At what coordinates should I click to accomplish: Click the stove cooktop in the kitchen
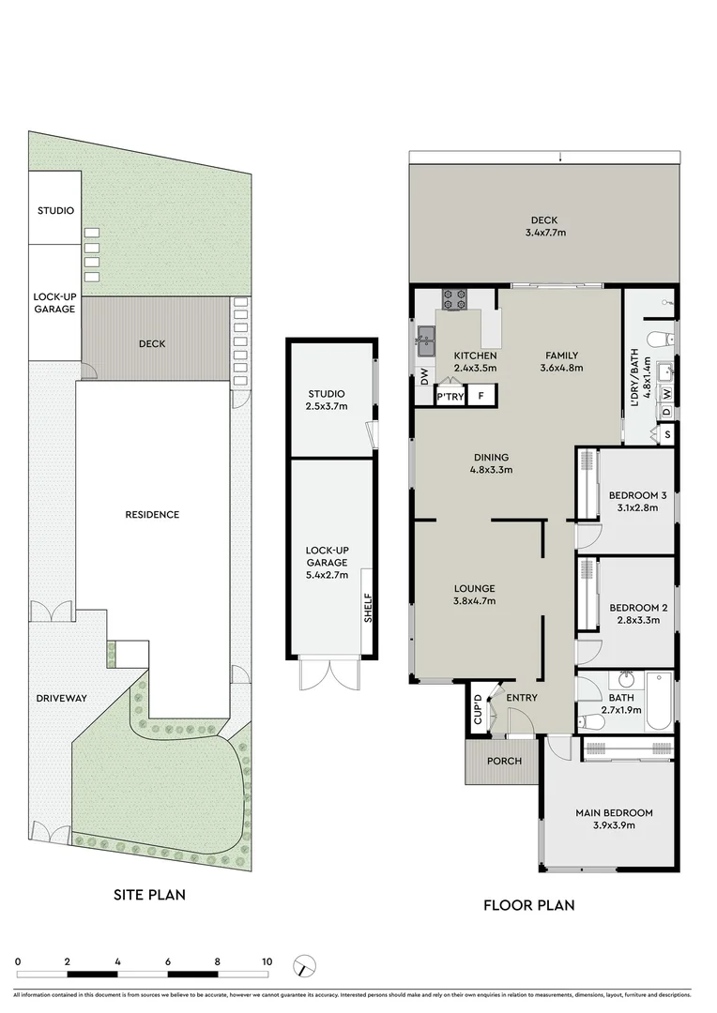[x=455, y=299]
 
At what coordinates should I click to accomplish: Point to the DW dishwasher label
[x=424, y=378]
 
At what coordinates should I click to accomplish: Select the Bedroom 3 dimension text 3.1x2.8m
[x=633, y=507]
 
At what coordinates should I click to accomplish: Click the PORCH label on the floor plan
[x=504, y=761]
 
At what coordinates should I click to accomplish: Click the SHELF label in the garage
[x=368, y=608]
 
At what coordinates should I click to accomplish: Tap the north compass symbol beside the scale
[x=305, y=966]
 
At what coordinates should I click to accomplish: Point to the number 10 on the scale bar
[x=267, y=961]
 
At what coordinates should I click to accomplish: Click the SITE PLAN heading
[x=149, y=895]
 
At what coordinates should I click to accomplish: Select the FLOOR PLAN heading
[x=528, y=905]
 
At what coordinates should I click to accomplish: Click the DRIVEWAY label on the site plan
[x=62, y=698]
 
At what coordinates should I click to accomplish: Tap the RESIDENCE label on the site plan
[x=152, y=514]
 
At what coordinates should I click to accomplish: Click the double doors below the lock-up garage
[x=328, y=673]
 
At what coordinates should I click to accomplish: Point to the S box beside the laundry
[x=667, y=434]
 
